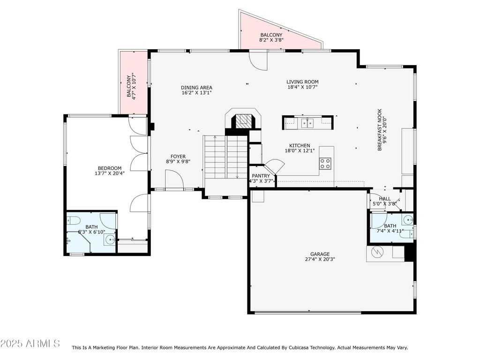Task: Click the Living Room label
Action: (302, 82)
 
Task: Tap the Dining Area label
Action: (196, 88)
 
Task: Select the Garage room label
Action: (320, 254)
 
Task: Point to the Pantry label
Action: (261, 176)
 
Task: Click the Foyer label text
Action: (178, 157)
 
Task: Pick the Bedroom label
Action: (110, 168)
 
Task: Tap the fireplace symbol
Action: (243, 121)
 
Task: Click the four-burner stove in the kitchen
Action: (325, 164)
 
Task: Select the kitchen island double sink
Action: (307, 123)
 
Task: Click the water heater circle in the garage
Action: (376, 252)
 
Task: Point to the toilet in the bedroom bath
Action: (74, 220)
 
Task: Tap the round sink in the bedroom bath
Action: (109, 240)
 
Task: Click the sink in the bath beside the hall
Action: (408, 219)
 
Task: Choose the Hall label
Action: (385, 199)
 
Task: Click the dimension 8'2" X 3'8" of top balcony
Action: (271, 40)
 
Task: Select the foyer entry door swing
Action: (174, 179)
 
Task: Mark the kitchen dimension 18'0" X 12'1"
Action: (300, 150)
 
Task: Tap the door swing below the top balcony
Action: (258, 60)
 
